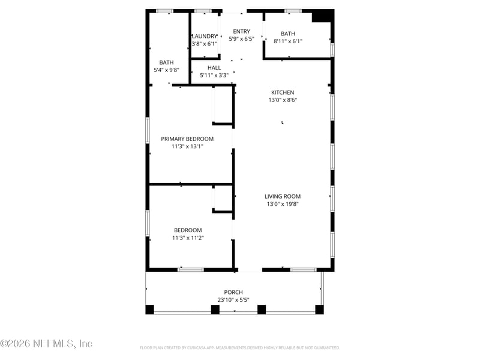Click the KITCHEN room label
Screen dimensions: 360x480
click(x=283, y=92)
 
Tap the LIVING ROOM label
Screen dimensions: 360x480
click(x=283, y=196)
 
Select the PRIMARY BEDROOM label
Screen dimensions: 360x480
click(x=187, y=139)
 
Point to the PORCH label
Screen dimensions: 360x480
click(x=234, y=292)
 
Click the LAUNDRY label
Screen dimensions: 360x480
click(x=205, y=36)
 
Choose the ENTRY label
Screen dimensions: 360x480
click(x=242, y=31)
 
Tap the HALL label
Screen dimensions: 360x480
click(x=214, y=68)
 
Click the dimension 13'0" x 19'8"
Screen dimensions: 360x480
click(x=283, y=204)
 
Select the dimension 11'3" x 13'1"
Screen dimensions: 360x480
click(x=187, y=146)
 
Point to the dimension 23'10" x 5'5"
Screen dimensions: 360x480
click(x=234, y=300)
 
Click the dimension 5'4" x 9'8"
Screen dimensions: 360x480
click(x=166, y=70)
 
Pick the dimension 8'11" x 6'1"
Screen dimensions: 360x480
click(x=288, y=41)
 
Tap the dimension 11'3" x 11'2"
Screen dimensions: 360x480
click(x=188, y=238)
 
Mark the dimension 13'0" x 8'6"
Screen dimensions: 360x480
click(x=283, y=100)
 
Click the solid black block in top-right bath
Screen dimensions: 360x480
click(x=323, y=16)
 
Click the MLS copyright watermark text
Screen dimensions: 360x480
click(x=46, y=344)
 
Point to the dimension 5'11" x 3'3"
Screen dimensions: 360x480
click(x=214, y=76)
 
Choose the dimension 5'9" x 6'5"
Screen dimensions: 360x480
click(x=242, y=39)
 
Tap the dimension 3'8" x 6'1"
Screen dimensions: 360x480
click(x=204, y=44)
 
